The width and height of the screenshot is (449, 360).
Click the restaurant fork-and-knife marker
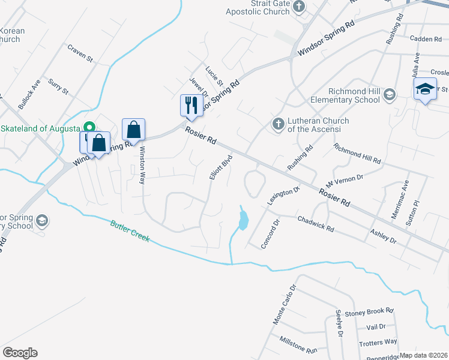point(191,105)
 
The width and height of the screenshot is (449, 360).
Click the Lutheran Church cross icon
point(278,125)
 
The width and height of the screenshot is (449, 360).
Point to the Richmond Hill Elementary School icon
point(390,94)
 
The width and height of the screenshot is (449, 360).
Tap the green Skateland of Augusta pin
point(89,128)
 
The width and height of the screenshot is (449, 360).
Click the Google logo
point(20,352)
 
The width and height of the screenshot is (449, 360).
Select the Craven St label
point(80,53)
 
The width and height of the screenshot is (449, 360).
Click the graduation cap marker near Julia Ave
point(424,90)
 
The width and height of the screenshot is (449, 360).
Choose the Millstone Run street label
point(298,344)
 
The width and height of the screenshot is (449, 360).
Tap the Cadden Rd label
point(425,38)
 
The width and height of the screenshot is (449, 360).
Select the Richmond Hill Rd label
point(357,154)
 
